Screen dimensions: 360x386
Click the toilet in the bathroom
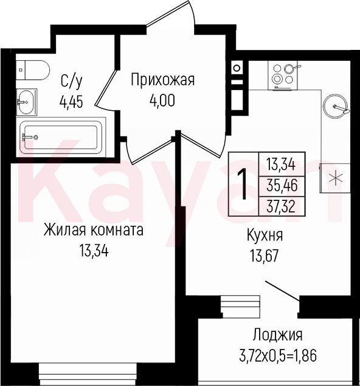click(x=33, y=70)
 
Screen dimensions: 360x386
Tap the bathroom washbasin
click(x=26, y=102)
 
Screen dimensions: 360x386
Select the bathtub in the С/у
click(x=61, y=137)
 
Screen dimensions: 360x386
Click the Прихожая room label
click(x=162, y=80)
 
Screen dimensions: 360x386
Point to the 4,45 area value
click(x=71, y=102)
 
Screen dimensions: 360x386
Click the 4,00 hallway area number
click(x=162, y=100)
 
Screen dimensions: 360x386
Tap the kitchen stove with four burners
click(x=283, y=75)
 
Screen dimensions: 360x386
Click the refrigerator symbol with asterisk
click(x=334, y=178)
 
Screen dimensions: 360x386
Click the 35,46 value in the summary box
click(x=282, y=186)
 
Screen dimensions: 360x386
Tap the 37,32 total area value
click(x=282, y=207)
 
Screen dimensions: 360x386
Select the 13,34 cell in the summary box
click(x=281, y=165)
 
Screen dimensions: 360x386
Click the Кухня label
click(x=265, y=236)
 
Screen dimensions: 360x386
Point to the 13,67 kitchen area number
click(x=265, y=256)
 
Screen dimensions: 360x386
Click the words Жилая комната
click(x=94, y=231)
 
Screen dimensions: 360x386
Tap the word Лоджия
click(x=278, y=335)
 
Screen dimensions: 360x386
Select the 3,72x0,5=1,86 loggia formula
click(x=278, y=355)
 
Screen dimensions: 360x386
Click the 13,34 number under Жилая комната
click(x=94, y=251)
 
